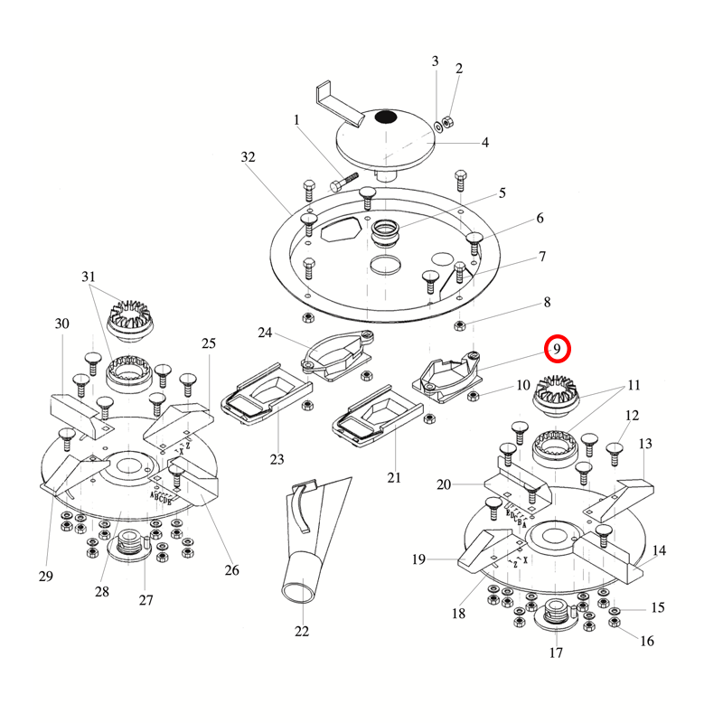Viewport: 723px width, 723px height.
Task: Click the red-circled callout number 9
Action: pos(558,348)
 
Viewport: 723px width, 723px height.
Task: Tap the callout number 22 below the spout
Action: pos(301,631)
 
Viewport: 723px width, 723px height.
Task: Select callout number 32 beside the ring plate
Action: pos(249,157)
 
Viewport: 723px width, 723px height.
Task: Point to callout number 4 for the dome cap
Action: pos(484,143)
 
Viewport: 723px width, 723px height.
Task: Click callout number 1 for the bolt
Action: pos(296,119)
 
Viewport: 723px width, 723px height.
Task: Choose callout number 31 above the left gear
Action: pos(88,276)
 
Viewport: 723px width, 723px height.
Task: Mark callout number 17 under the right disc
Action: pos(555,653)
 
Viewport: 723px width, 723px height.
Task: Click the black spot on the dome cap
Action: pos(387,117)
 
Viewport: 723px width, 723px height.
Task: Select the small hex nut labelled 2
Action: pos(449,122)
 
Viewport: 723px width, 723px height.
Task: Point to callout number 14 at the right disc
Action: pos(659,550)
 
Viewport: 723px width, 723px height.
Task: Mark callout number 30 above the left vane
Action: pos(62,324)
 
